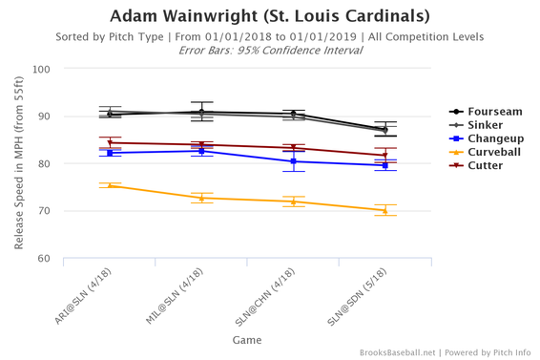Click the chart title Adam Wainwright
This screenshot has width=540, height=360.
tap(270, 16)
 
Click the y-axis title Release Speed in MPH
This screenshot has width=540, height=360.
tap(19, 163)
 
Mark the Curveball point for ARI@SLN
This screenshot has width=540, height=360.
tap(110, 185)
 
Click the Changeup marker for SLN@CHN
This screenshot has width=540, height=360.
tap(293, 161)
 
